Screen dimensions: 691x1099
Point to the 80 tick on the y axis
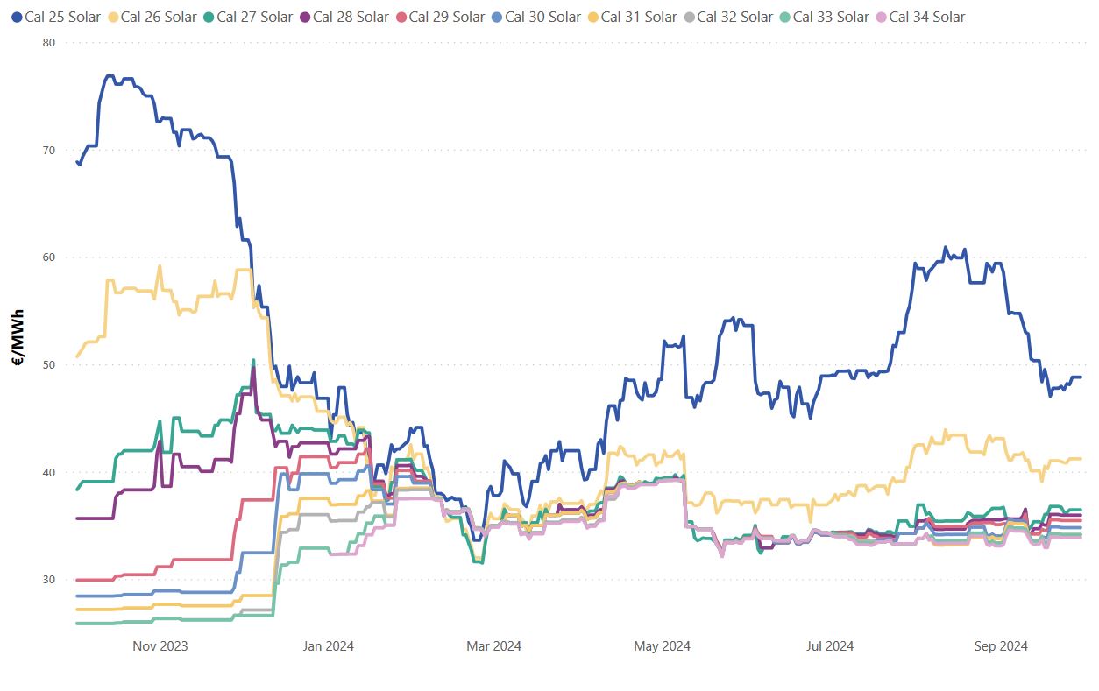48,42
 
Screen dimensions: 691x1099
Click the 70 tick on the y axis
48,150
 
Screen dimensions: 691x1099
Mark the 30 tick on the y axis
48,580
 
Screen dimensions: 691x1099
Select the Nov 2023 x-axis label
160,646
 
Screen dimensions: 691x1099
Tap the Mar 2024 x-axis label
493,646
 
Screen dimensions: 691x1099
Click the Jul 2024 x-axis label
829,646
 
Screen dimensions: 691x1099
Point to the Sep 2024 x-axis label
1001,646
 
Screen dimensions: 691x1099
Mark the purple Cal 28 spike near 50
253,370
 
